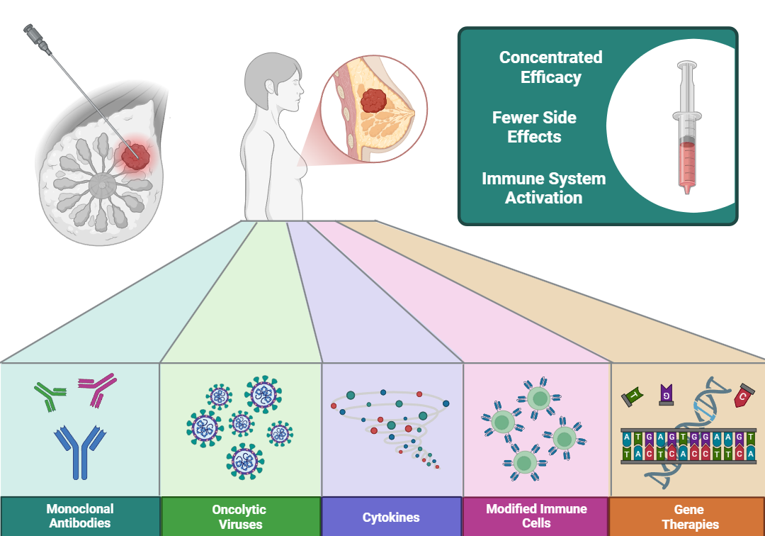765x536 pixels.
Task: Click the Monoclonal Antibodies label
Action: click(x=80, y=516)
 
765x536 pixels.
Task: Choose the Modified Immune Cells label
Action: click(x=536, y=516)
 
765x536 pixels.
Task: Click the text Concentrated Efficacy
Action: click(x=550, y=67)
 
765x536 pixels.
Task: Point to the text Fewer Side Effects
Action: click(x=534, y=127)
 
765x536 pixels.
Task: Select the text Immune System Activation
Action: click(x=543, y=188)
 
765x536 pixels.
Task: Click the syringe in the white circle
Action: click(x=686, y=128)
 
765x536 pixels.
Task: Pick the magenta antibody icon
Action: click(x=96, y=390)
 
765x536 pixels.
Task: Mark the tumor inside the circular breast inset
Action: click(x=373, y=101)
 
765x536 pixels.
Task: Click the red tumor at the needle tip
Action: click(x=135, y=156)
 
